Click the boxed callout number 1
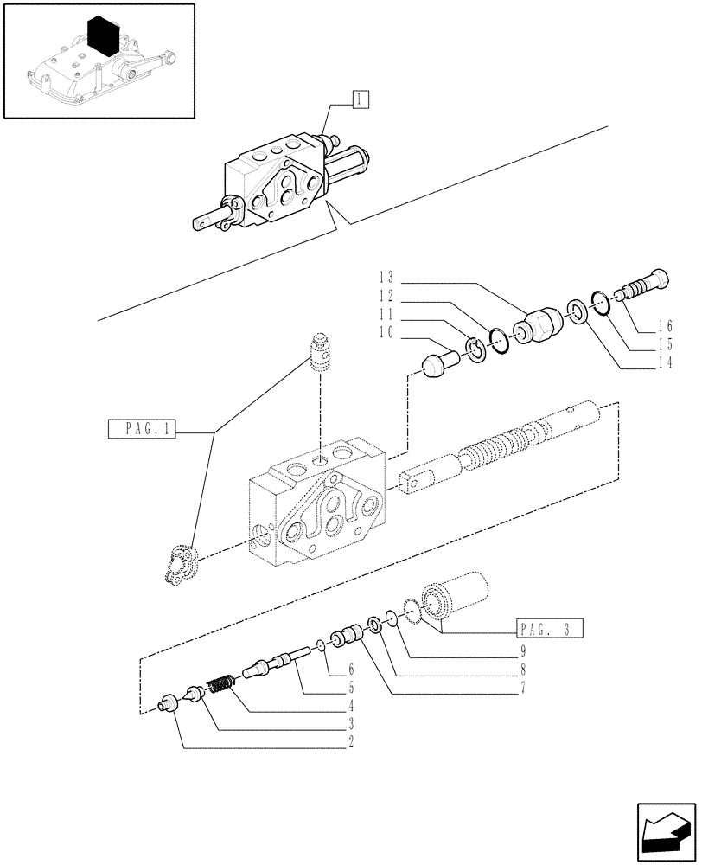[x=360, y=99]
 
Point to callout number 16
[x=664, y=326]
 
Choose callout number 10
[x=386, y=332]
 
